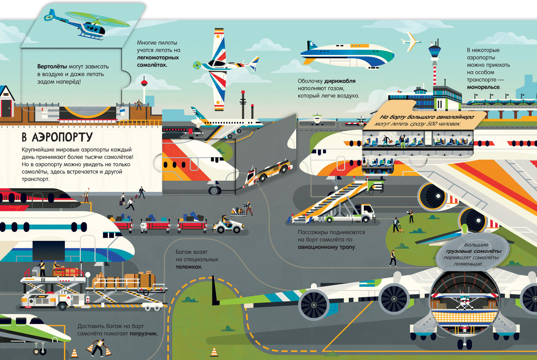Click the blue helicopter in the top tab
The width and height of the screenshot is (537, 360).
[86, 25]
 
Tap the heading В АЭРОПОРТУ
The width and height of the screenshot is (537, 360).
[57, 137]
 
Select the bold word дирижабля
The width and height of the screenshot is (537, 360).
[340, 81]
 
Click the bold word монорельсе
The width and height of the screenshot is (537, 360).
[483, 87]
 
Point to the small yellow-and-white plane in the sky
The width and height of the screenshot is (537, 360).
[410, 42]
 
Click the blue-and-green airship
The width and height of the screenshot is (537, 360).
[347, 55]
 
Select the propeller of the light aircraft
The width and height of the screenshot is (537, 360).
[197, 65]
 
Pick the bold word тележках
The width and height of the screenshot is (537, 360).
[188, 267]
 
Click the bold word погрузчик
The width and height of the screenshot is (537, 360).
[143, 334]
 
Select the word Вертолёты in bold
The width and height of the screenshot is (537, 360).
[52, 67]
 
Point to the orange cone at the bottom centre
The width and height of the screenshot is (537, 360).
[214, 351]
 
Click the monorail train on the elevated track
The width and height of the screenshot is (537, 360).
[499, 102]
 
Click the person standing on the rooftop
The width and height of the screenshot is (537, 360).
[139, 105]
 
